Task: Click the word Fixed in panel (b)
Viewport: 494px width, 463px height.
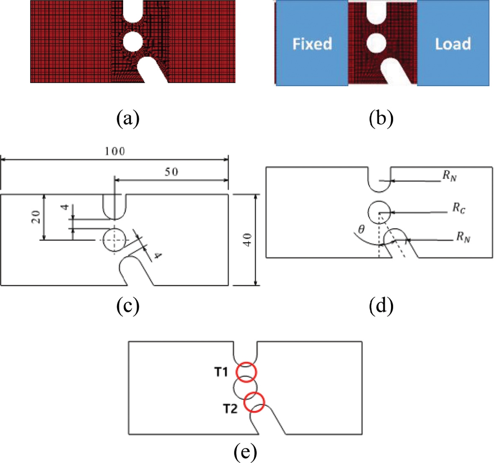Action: pyautogui.click(x=312, y=44)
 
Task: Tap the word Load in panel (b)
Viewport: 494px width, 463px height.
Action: pyautogui.click(x=453, y=44)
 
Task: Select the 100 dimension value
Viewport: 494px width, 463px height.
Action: pyautogui.click(x=114, y=151)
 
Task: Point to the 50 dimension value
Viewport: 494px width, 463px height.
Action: pyautogui.click(x=171, y=172)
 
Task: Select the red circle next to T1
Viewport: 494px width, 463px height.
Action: pyautogui.click(x=246, y=372)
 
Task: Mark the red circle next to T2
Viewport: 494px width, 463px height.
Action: pyautogui.click(x=254, y=402)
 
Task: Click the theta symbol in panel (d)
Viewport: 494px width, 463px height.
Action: pyautogui.click(x=361, y=229)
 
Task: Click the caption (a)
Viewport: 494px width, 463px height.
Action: pyautogui.click(x=127, y=119)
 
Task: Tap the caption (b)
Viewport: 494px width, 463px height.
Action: pyautogui.click(x=381, y=119)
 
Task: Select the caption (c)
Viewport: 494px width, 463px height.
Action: pyautogui.click(x=127, y=307)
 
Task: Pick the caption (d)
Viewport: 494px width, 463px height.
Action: pyautogui.click(x=381, y=307)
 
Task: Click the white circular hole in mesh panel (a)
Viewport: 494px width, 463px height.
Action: pyautogui.click(x=133, y=42)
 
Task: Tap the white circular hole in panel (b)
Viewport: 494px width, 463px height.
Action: pyautogui.click(x=375, y=43)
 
